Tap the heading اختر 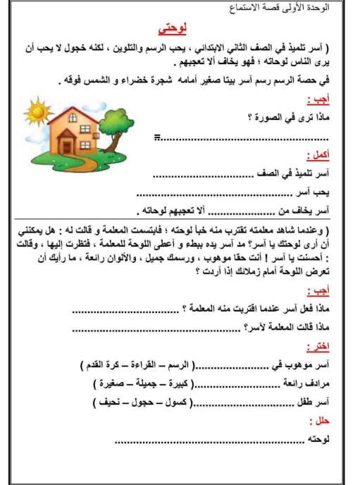321,347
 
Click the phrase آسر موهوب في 306,366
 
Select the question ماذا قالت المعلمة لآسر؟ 290,326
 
